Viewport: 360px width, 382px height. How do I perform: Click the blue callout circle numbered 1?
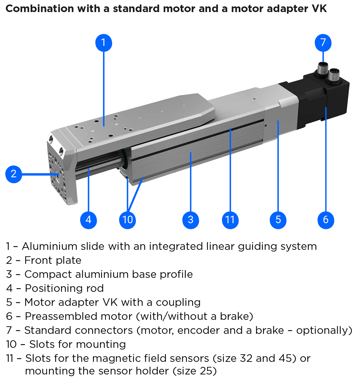(x=103, y=43)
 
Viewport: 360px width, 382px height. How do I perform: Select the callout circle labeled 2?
(x=14, y=174)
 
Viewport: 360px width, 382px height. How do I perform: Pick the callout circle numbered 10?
(x=127, y=220)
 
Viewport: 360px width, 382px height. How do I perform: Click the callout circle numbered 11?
(x=230, y=220)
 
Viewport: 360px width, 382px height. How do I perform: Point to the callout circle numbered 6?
(x=326, y=220)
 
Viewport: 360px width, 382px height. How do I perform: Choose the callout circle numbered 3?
(x=190, y=220)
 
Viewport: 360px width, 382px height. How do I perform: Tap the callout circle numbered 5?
(x=278, y=220)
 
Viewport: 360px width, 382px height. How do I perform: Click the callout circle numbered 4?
(x=88, y=220)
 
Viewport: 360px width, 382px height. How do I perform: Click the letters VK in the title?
(x=319, y=8)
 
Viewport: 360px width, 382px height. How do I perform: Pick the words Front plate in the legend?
(x=53, y=260)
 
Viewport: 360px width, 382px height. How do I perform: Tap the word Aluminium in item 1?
(x=49, y=246)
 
